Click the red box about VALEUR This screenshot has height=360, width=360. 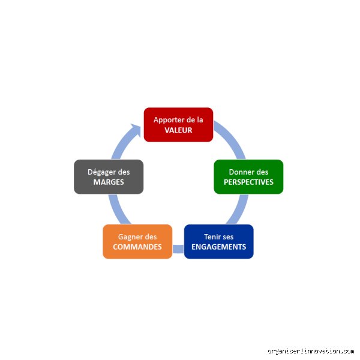(x=178, y=125)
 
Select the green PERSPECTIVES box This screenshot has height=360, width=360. (x=248, y=177)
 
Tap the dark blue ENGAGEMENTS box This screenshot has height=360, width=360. (x=219, y=242)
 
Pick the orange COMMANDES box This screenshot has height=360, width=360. (x=137, y=242)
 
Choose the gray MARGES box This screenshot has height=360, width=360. (x=109, y=177)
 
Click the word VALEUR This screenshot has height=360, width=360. (x=178, y=130)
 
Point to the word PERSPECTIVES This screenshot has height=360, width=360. (x=248, y=182)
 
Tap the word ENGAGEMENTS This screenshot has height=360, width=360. (x=219, y=247)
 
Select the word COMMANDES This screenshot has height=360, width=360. (x=137, y=247)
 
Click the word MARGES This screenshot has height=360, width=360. (x=109, y=182)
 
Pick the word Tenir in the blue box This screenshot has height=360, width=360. (x=211, y=237)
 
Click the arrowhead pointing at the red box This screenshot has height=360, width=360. (x=137, y=130)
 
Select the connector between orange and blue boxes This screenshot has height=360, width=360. (x=178, y=249)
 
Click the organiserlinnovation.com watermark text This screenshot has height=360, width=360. (x=311, y=351)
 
